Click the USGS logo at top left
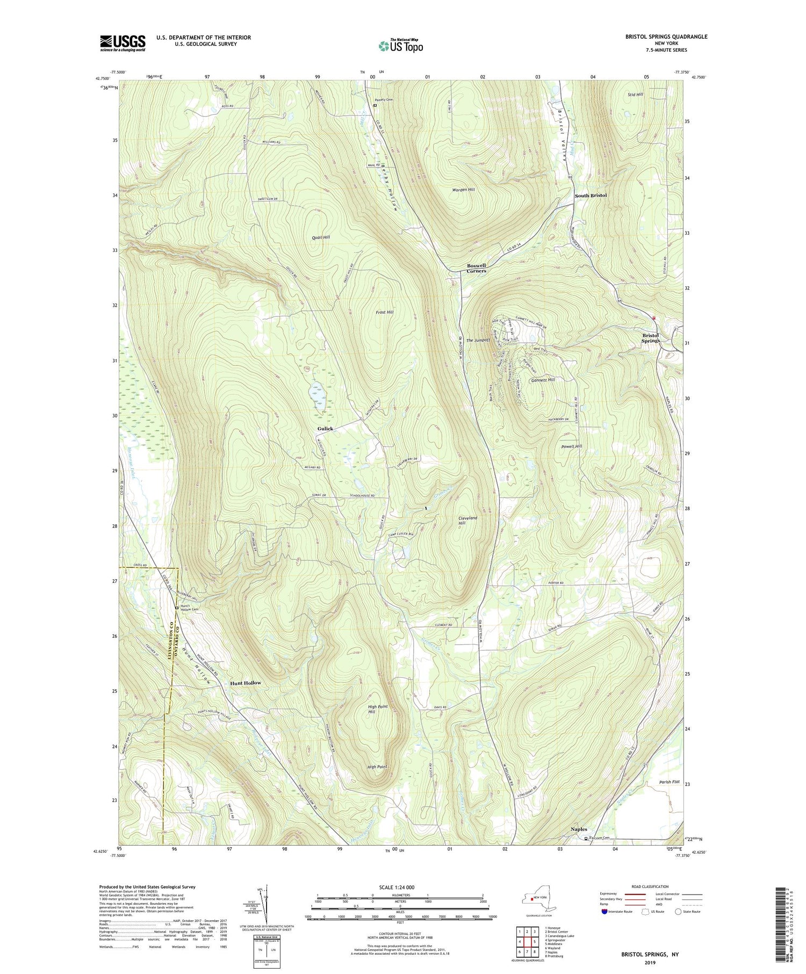pos(123,43)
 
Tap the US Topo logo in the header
pos(400,46)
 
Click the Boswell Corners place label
pos(476,268)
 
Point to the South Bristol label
pos(591,195)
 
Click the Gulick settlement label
pos(325,429)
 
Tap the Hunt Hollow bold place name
pos(246,683)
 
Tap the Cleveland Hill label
pos(468,521)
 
